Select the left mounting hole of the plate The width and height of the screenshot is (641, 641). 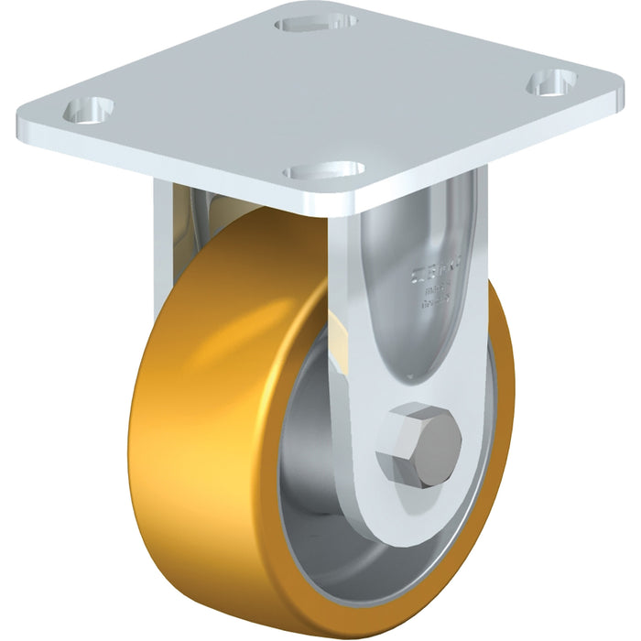click(x=88, y=110)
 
